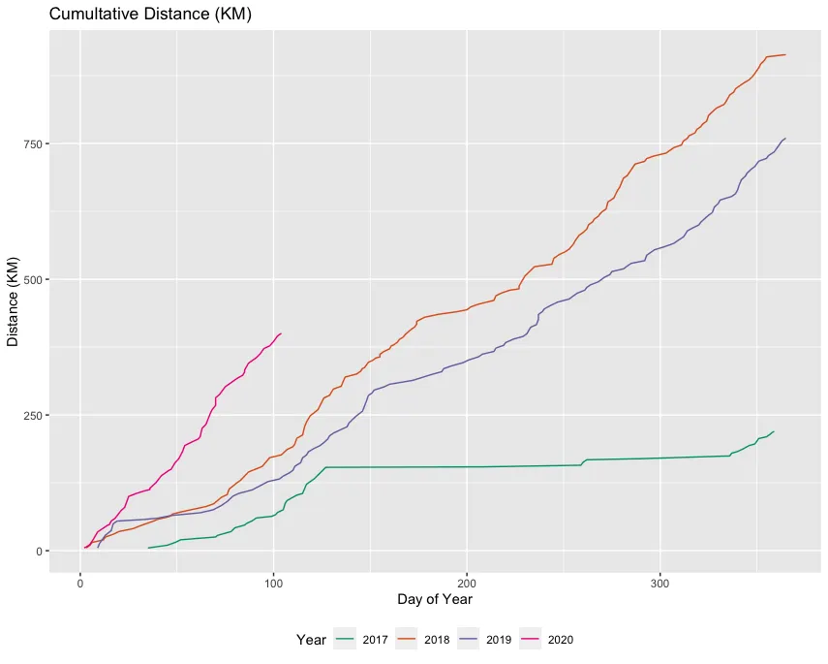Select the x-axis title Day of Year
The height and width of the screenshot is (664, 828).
click(x=435, y=600)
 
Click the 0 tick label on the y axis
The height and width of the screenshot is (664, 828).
click(x=40, y=551)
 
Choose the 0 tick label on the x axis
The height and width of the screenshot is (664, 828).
click(x=79, y=582)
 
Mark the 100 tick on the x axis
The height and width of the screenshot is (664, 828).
click(x=273, y=582)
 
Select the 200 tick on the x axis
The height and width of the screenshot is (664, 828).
click(x=467, y=582)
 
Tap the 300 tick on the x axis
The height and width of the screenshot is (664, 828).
click(x=660, y=582)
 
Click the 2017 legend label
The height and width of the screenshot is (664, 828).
click(x=376, y=640)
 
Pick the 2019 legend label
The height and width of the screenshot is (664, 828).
click(x=500, y=640)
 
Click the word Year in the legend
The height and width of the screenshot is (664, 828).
click(x=311, y=640)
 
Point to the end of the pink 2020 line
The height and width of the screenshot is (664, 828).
click(x=281, y=333)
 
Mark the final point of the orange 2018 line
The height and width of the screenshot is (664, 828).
click(x=785, y=54)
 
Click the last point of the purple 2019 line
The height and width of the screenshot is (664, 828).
click(x=785, y=138)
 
